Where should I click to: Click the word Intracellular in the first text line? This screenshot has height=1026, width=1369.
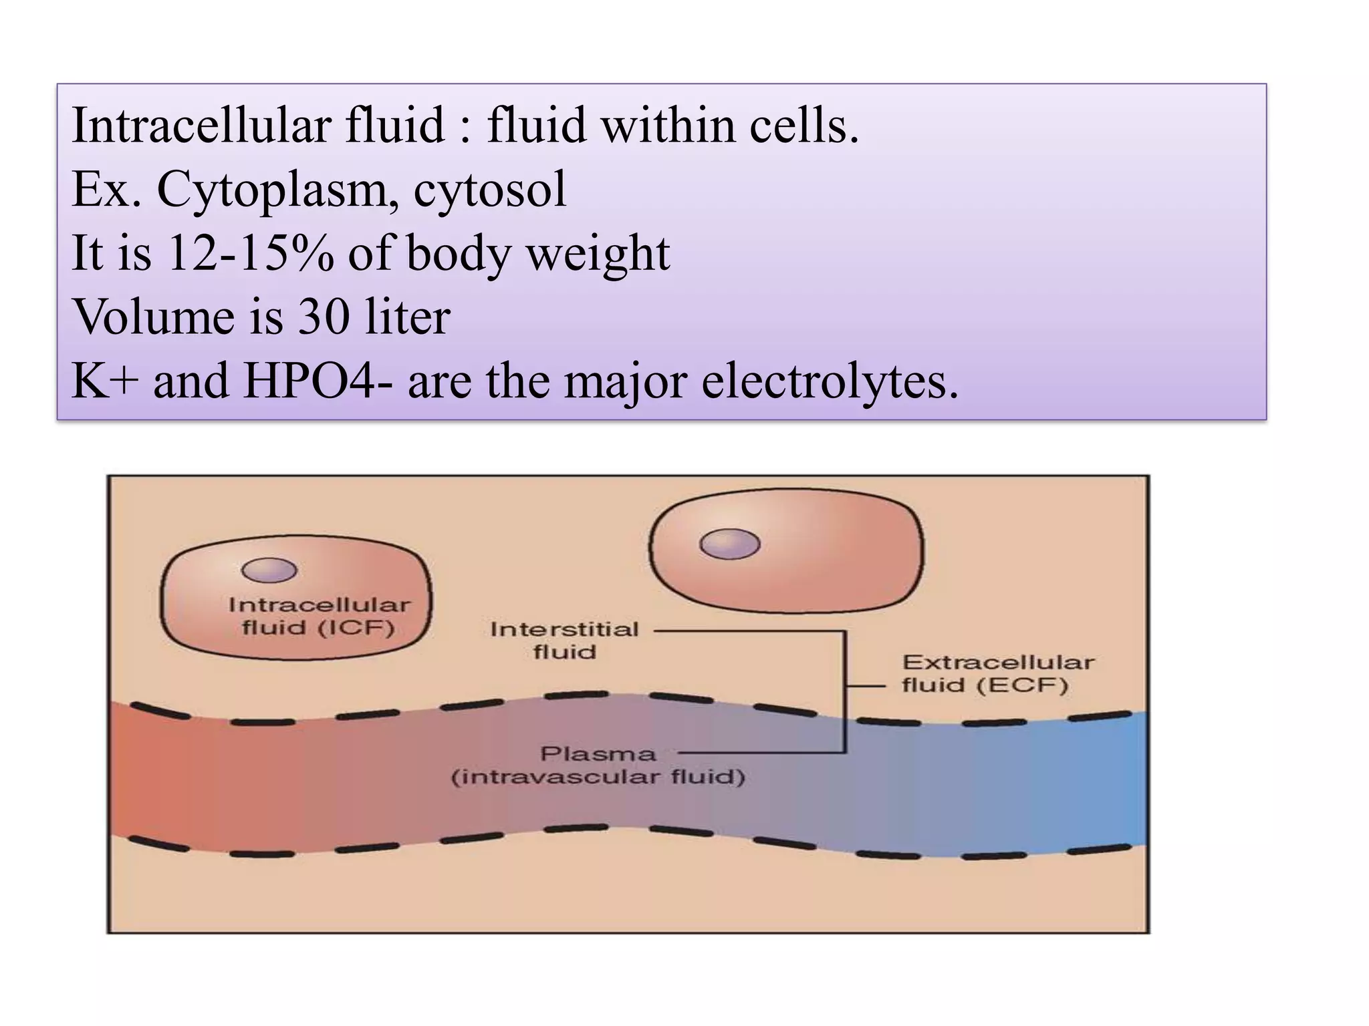(x=201, y=126)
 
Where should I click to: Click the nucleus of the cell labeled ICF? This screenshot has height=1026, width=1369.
(x=269, y=570)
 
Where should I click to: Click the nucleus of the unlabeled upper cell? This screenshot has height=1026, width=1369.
(x=729, y=544)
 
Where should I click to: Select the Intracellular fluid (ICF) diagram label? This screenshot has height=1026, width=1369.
(x=319, y=616)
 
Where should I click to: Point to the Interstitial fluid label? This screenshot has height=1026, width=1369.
(x=565, y=640)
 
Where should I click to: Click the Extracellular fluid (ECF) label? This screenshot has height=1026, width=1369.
(x=997, y=673)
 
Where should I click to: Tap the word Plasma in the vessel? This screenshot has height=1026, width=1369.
(x=598, y=754)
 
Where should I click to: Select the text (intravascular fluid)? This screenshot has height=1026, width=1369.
(x=598, y=778)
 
